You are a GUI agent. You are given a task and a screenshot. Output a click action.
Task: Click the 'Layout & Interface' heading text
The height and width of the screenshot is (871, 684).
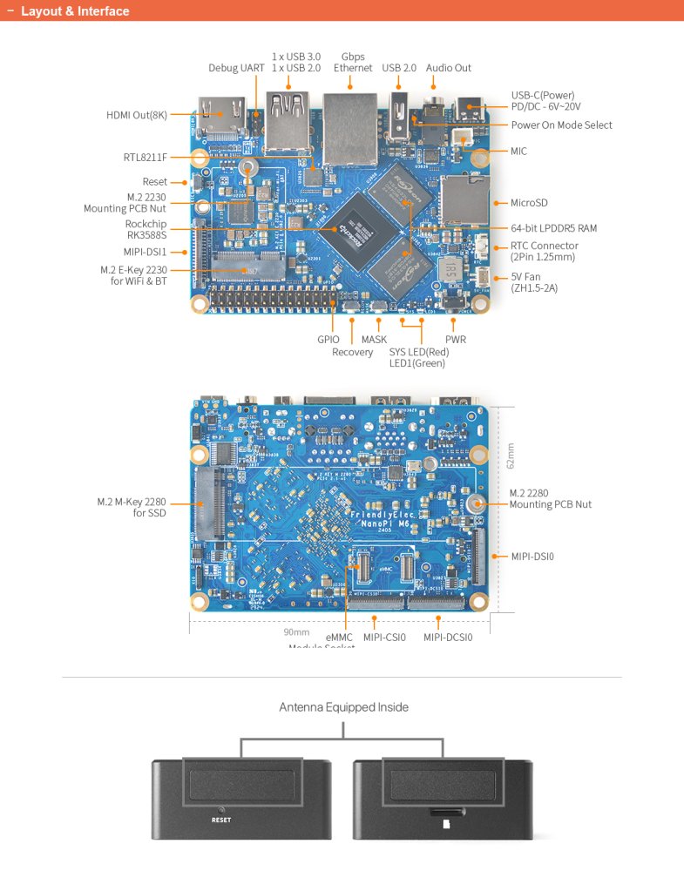[x=75, y=11]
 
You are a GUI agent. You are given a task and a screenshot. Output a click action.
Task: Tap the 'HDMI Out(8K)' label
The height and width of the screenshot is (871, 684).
[x=137, y=115]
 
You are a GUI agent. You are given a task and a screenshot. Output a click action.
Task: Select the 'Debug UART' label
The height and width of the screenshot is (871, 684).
[x=236, y=68]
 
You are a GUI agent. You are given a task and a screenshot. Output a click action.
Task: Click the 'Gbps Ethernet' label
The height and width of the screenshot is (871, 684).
[x=353, y=62]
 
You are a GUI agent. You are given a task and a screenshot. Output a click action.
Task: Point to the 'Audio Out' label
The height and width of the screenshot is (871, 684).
[x=449, y=68]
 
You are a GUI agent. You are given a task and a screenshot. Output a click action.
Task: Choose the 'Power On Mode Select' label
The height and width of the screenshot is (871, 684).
[x=561, y=125]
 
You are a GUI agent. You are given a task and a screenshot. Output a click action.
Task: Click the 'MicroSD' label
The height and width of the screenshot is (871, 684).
[x=529, y=203]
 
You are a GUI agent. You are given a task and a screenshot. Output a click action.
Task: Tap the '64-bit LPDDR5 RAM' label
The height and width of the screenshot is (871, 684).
[x=553, y=228]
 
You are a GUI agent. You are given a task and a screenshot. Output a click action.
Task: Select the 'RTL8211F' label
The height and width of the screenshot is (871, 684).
[x=145, y=158]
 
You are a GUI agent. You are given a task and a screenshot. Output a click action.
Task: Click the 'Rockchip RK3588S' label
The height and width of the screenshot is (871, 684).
[x=146, y=229]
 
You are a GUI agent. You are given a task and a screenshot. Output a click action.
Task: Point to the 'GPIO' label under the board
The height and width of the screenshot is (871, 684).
[x=328, y=340]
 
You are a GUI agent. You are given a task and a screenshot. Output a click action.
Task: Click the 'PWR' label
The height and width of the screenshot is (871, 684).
[x=455, y=340]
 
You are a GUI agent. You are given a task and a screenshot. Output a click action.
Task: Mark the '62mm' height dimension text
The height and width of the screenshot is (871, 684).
[x=511, y=455]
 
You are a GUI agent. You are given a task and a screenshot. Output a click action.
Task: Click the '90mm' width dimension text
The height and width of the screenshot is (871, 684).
[x=296, y=632]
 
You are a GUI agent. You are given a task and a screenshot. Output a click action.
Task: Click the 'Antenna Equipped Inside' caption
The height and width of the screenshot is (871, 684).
[x=343, y=707]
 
